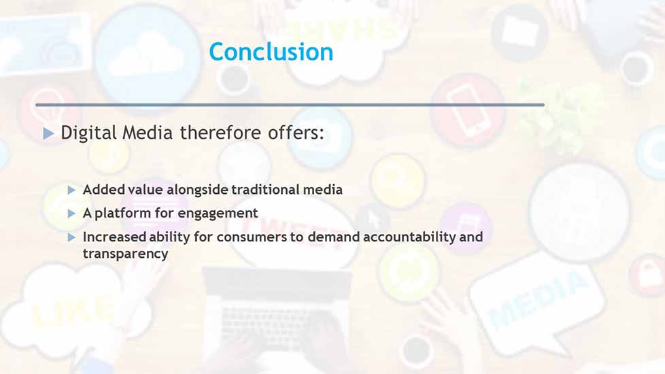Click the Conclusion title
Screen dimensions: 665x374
coord(271,52)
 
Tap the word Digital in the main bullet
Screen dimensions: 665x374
coord(88,133)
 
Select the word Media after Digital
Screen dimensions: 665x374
coord(148,133)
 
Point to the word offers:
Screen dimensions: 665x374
coord(296,133)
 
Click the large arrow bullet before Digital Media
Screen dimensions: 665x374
coord(48,134)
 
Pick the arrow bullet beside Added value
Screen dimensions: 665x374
coord(71,190)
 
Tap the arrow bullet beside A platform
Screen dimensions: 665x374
coord(71,214)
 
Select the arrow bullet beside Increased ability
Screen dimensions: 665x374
coord(71,237)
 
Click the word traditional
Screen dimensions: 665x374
coord(265,190)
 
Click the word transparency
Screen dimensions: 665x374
coord(126,254)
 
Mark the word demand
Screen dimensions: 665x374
coord(333,237)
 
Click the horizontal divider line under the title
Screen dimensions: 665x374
coord(290,105)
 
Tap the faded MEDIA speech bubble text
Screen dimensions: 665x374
coord(539,300)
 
